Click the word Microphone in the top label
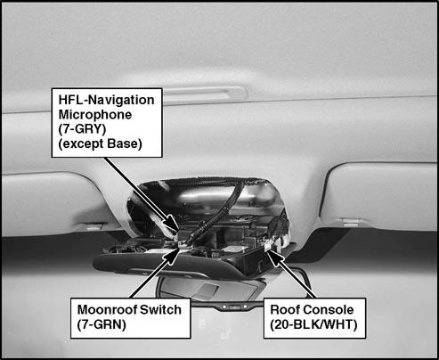pyautogui.click(x=95, y=115)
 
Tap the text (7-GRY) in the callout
pyautogui.click(x=82, y=129)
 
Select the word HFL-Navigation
pyautogui.click(x=106, y=100)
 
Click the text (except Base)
pyautogui.click(x=100, y=143)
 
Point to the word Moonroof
pyautogui.click(x=107, y=310)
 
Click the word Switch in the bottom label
pyautogui.click(x=160, y=310)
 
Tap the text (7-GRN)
pyautogui.click(x=102, y=324)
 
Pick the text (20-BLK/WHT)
pyautogui.click(x=313, y=324)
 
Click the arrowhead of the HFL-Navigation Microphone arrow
pyautogui.click(x=173, y=224)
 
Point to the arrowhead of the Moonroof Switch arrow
pyautogui.click(x=172, y=258)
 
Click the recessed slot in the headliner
pyautogui.click(x=205, y=95)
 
